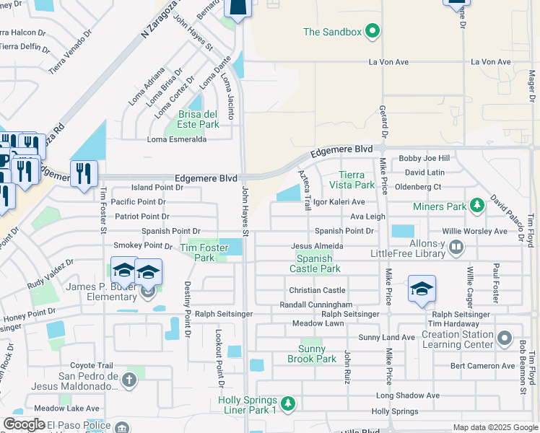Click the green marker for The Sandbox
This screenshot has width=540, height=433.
tap(373, 31)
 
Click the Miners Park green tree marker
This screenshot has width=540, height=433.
tap(476, 207)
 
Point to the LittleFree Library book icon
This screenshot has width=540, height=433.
tap(456, 248)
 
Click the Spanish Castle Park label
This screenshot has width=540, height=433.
tap(315, 263)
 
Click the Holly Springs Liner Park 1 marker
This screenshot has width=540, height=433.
tap(288, 402)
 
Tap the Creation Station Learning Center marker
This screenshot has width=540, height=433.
tap(505, 337)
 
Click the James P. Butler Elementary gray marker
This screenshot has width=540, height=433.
tap(148, 292)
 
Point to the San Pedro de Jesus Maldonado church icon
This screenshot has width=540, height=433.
tap(129, 380)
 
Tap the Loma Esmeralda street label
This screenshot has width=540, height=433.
tap(177, 140)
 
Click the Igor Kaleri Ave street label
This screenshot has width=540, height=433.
tap(339, 202)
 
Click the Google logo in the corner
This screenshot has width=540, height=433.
tap(24, 424)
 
